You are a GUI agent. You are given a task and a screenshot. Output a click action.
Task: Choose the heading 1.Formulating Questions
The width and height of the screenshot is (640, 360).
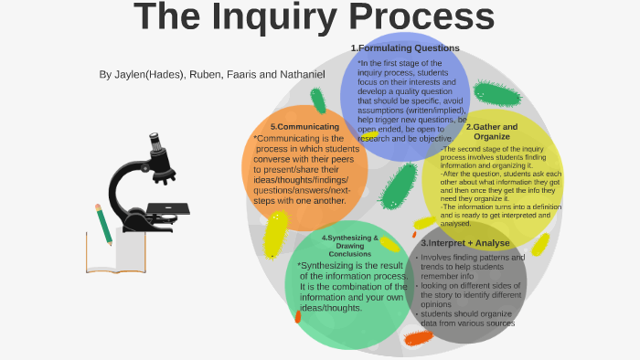(x=404, y=48)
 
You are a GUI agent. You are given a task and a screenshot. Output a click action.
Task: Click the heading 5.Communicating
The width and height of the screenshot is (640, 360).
(x=305, y=126)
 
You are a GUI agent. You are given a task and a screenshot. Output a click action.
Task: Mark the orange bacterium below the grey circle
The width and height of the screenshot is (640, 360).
(x=418, y=338)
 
